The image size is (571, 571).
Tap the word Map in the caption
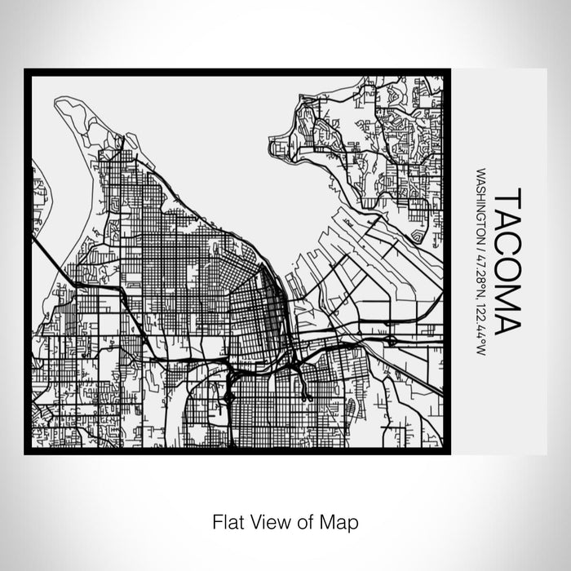coord(341,520)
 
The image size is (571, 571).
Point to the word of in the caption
coord(307,520)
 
